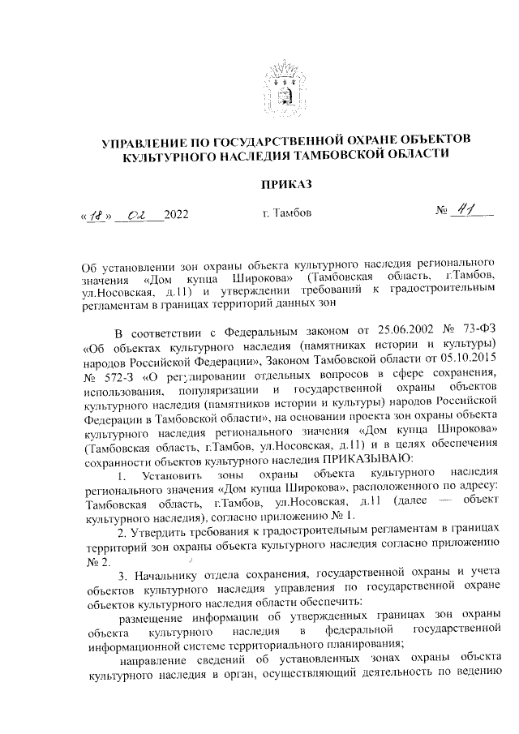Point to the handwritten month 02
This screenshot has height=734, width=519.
(x=139, y=214)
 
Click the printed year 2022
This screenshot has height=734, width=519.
(x=175, y=215)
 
